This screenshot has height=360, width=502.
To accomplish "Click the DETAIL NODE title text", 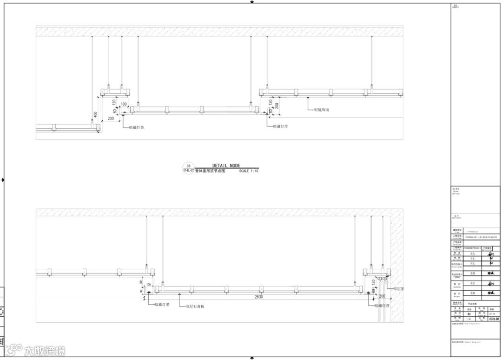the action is tap(226, 166).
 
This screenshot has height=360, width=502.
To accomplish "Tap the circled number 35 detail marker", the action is tap(188, 166).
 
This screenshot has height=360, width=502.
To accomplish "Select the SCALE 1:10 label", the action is tap(249, 171).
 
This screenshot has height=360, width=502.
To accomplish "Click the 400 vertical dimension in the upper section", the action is tap(95, 114).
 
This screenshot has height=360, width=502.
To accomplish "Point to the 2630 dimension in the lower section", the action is tap(258, 296).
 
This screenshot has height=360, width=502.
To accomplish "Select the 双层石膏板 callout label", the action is tap(195, 307).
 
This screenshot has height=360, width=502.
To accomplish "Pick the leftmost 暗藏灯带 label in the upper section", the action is tap(136, 127).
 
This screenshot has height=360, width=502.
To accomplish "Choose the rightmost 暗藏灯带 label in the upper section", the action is tap(280, 126).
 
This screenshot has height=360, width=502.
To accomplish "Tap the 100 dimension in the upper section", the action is tap(124, 104).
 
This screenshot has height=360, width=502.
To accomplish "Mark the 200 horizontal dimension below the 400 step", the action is tap(111, 119).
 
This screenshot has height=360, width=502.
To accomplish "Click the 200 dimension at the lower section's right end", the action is tap(382, 296).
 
